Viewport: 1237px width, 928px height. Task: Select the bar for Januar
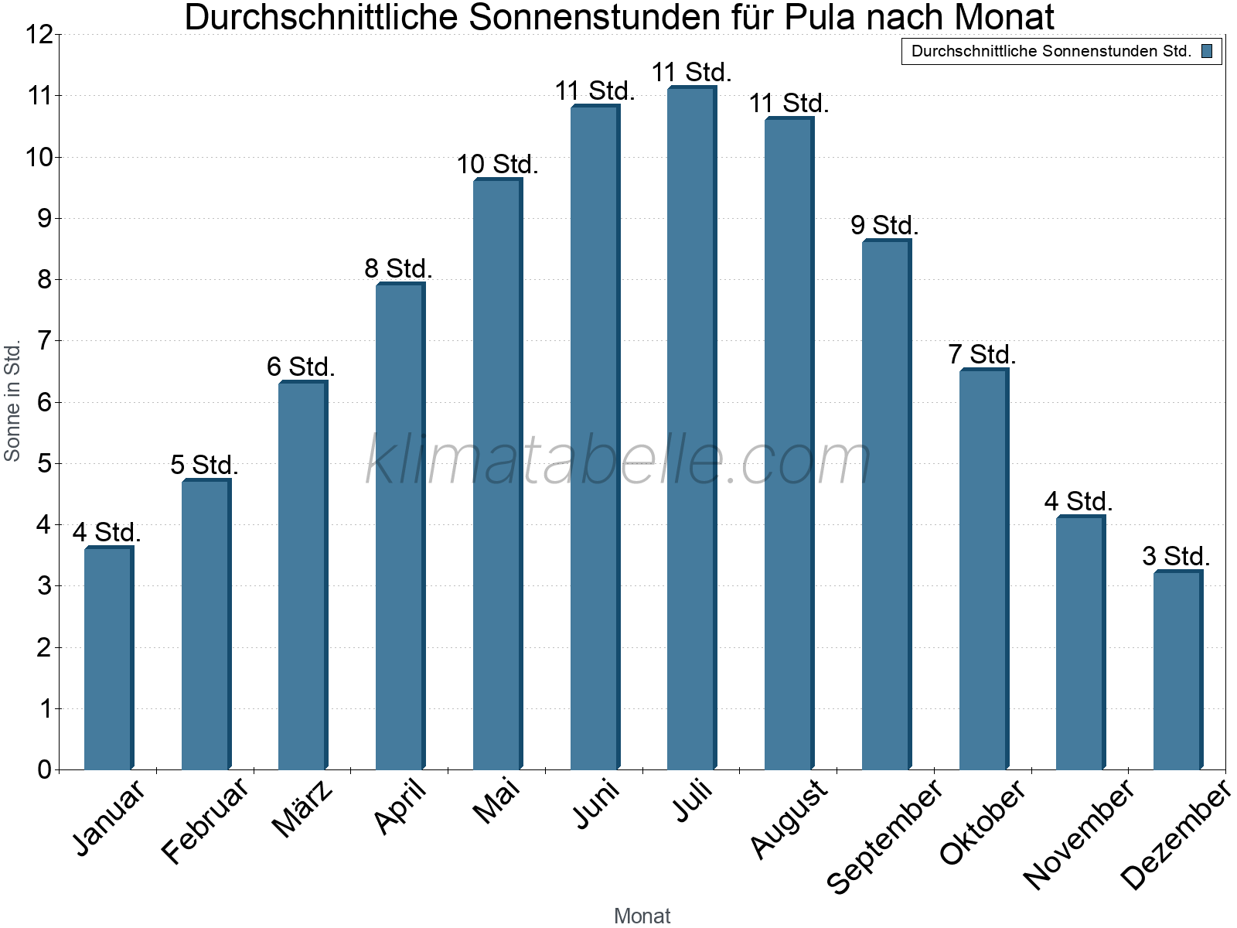(x=108, y=658)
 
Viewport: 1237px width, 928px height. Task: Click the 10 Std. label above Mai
(x=497, y=165)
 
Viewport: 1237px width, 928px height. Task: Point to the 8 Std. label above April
(x=398, y=269)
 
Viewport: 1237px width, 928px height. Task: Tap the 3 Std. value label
(x=1176, y=557)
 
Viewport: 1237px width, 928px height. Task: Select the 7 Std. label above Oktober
(x=982, y=355)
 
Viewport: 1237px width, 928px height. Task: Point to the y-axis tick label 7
(x=44, y=341)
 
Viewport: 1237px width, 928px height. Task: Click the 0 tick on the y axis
(x=44, y=769)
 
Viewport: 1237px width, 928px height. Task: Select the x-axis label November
(x=1079, y=834)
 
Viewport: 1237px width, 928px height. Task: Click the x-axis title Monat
(x=642, y=916)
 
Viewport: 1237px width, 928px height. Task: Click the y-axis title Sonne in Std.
(x=12, y=401)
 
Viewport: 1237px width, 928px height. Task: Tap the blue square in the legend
(x=1207, y=52)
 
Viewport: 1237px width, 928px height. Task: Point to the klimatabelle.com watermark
(x=618, y=460)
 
